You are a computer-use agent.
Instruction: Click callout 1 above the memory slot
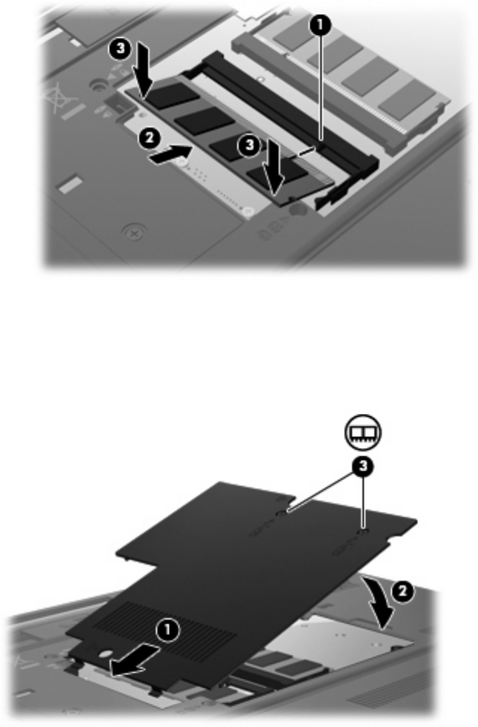click(320, 26)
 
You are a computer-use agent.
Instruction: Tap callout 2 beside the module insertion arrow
click(149, 138)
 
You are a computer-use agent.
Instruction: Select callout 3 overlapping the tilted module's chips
click(249, 145)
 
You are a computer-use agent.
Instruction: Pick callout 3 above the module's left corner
click(120, 48)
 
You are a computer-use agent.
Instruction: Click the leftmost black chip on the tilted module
click(172, 95)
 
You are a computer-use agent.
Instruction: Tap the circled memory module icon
click(362, 432)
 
